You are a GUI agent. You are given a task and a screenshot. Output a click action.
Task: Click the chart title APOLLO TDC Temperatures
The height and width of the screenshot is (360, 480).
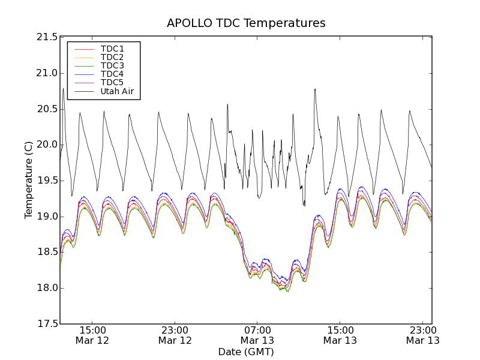[x=246, y=23]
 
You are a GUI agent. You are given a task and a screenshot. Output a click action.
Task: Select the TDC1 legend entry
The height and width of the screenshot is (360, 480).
[x=112, y=49]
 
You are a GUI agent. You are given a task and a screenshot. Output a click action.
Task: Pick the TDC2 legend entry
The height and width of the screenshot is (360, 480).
[x=112, y=58]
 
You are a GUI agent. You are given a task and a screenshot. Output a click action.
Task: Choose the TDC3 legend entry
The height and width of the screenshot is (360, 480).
[x=112, y=66]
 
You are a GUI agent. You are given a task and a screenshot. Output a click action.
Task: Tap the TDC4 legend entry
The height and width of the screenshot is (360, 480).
[x=112, y=74]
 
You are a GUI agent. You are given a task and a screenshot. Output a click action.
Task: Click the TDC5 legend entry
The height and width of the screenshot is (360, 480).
[x=112, y=83]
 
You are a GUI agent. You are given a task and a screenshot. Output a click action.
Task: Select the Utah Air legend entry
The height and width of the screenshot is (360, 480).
[x=116, y=92]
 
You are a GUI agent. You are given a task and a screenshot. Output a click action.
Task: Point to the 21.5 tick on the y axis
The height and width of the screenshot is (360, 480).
[x=46, y=37]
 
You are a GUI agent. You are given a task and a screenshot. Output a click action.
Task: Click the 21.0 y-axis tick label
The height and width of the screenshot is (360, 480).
[x=46, y=73]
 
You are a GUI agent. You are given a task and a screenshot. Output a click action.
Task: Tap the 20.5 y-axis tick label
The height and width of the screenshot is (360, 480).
[x=46, y=109]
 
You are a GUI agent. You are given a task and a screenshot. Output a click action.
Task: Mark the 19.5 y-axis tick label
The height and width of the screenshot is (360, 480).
[x=46, y=181]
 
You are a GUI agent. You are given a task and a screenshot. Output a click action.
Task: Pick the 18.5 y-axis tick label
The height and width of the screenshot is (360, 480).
[x=46, y=253]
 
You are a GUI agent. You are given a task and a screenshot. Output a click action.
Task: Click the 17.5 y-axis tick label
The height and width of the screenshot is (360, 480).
[x=46, y=324]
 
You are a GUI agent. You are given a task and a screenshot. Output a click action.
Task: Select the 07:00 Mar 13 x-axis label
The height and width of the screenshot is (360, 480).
[x=257, y=335]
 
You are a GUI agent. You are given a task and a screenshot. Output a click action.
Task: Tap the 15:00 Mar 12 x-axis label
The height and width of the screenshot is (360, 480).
[x=92, y=335]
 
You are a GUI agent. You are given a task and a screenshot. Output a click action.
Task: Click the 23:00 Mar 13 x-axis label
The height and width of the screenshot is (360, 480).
[x=422, y=335]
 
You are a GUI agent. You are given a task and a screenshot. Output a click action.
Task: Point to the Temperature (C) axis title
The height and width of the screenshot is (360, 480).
[x=29, y=180]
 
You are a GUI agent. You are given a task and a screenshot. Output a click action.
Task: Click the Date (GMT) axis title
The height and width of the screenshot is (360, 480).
[x=246, y=352]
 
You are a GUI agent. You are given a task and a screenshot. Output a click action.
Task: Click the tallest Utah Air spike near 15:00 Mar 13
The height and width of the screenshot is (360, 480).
[x=315, y=89]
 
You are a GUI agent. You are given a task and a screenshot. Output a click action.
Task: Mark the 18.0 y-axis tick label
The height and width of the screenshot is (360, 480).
[x=46, y=288]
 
